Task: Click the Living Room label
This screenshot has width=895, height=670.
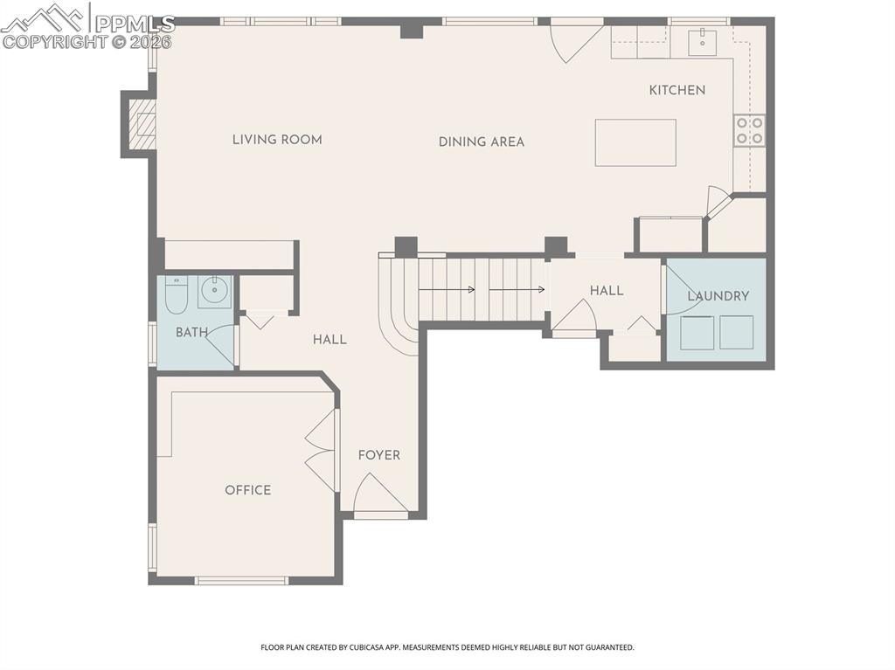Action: pos(277,140)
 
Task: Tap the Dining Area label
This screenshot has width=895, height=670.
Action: pos(482,142)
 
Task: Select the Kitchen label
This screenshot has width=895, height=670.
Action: pos(676,90)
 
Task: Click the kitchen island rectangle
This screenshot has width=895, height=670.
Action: pos(635,142)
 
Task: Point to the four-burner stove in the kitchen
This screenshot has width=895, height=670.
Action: pos(749,130)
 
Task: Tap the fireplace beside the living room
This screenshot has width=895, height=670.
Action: pos(142,125)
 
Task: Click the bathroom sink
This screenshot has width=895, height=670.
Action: pos(213,291)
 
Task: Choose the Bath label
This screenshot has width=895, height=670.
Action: pos(191,333)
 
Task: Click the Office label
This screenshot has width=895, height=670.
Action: pos(248,490)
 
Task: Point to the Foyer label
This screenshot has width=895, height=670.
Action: pos(379,455)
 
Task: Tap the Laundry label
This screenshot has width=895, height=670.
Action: pos(718,296)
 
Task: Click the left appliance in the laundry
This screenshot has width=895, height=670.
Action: pos(697,333)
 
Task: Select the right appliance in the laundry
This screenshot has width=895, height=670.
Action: pos(736,333)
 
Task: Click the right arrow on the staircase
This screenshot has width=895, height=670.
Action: pos(524,290)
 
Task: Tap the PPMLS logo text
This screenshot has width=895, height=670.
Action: pos(135,24)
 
